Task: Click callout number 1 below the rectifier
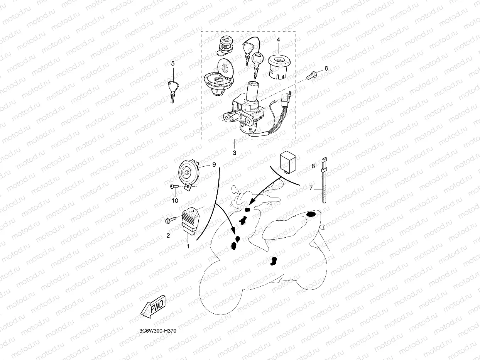pyautogui.click(x=188, y=246)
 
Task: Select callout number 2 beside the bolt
pyautogui.click(x=168, y=235)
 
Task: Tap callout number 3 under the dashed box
pyautogui.click(x=234, y=153)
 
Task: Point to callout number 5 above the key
pyautogui.click(x=172, y=63)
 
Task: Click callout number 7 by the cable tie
pyautogui.click(x=311, y=188)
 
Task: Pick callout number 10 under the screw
pyautogui.click(x=175, y=201)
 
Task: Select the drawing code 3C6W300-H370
pyautogui.click(x=158, y=331)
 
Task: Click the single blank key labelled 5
pyautogui.click(x=172, y=90)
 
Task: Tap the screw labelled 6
pyautogui.click(x=311, y=75)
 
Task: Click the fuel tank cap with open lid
pyautogui.click(x=219, y=79)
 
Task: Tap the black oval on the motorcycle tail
pyautogui.click(x=311, y=215)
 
